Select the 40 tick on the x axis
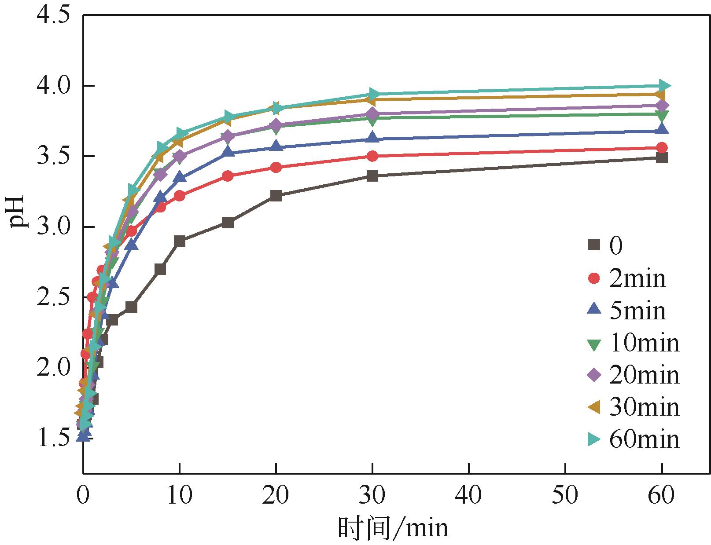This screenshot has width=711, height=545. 469,496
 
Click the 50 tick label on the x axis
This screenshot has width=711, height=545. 565,496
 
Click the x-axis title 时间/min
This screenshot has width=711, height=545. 393,528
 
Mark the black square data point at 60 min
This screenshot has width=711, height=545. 662,157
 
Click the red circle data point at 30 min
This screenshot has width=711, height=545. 372,156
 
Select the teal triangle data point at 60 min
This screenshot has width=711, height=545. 663,85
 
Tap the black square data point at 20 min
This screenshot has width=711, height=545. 276,196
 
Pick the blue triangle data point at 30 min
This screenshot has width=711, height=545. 372,138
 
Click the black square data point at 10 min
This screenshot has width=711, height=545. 180,241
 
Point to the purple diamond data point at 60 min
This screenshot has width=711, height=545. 662,106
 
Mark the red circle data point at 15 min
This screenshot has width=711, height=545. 228,176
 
